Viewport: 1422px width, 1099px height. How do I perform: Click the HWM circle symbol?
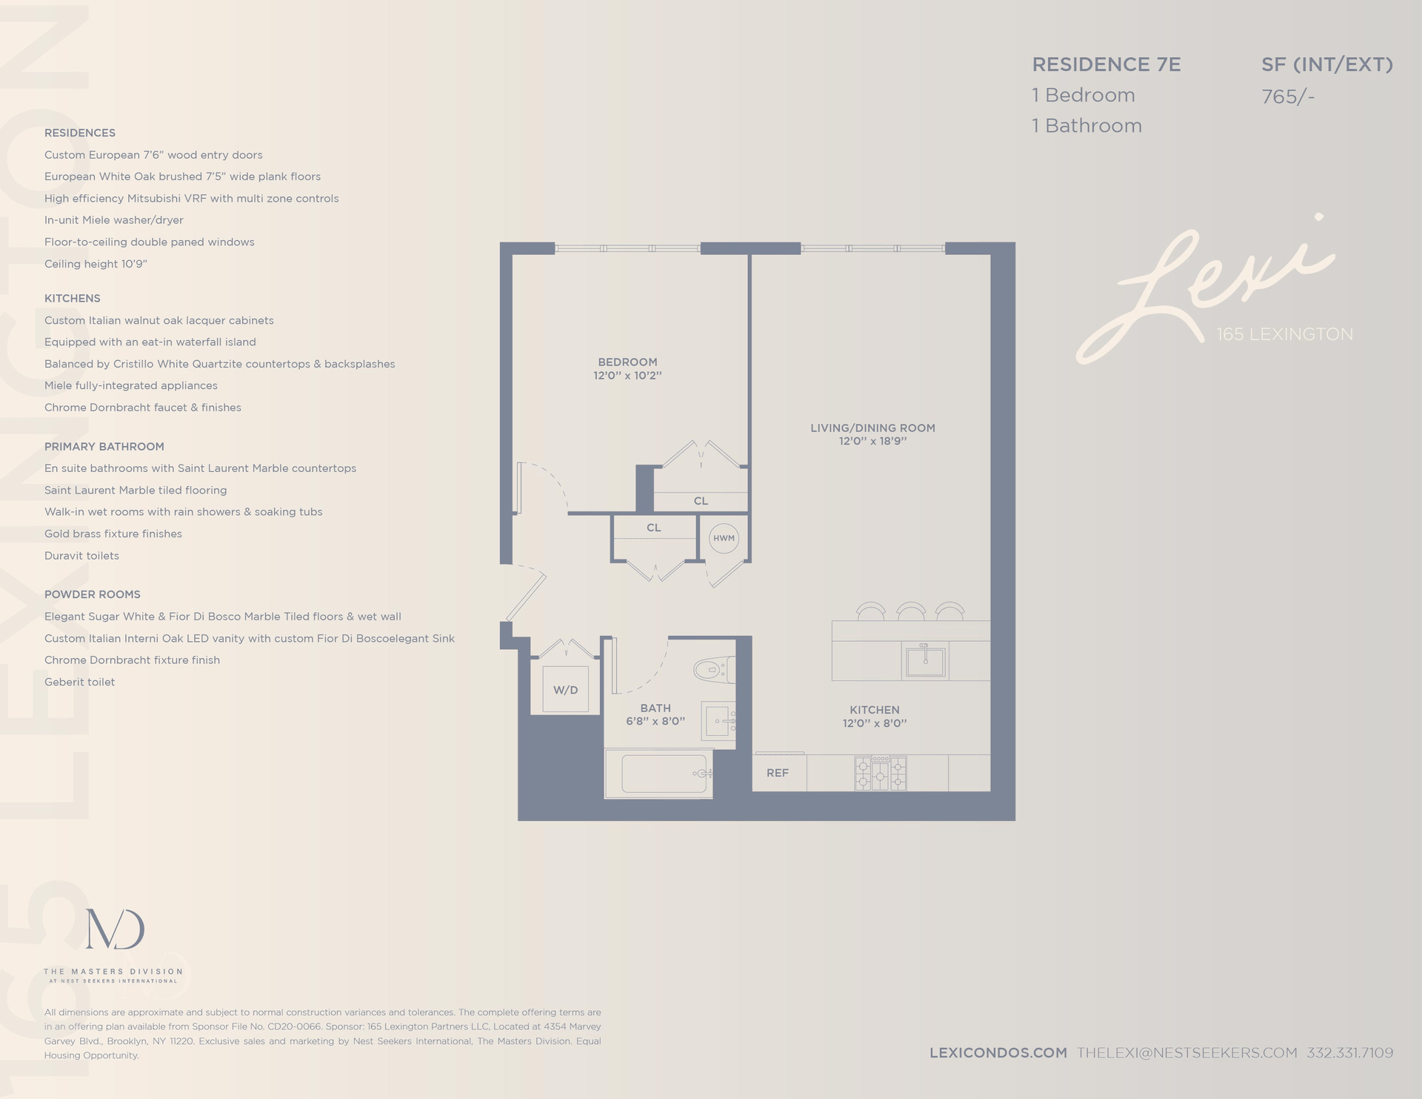coord(724,538)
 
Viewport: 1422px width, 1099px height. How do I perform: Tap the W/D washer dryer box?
coord(565,690)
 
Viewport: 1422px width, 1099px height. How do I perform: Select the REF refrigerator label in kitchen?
coord(778,773)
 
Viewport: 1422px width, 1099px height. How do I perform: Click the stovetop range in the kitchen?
coord(880,773)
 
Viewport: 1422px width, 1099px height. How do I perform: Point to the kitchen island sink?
coord(925,661)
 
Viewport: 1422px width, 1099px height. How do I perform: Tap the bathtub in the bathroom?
coord(664,774)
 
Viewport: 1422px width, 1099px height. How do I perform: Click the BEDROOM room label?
coord(627,362)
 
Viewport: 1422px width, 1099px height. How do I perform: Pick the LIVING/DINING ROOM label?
coord(872,428)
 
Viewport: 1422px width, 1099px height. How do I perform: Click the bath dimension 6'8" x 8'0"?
coord(655,721)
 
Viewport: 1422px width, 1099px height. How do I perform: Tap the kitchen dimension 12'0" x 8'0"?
coord(875,723)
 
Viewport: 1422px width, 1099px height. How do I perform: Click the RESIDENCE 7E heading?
coord(1106,64)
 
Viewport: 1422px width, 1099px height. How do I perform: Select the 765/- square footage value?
coord(1287,96)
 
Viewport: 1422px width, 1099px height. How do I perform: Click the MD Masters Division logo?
coord(115,929)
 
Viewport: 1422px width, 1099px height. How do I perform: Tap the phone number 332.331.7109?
coord(1349,1052)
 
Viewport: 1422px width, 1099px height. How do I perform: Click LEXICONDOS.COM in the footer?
coord(998,1052)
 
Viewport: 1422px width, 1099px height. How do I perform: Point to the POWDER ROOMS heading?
coord(92,594)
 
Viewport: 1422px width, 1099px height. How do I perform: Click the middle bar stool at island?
coord(910,611)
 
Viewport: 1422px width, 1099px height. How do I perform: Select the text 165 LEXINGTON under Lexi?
coord(1284,334)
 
